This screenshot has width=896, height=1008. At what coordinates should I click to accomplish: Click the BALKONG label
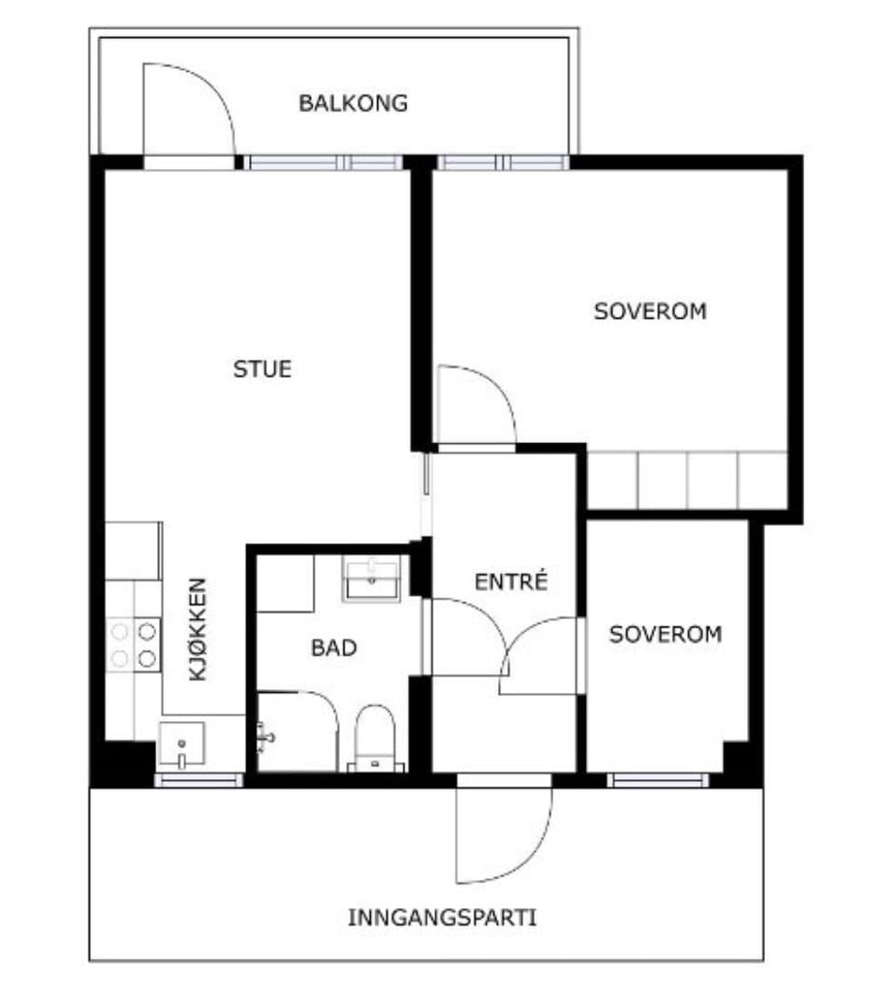[353, 103]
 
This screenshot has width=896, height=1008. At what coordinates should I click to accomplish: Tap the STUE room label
[263, 369]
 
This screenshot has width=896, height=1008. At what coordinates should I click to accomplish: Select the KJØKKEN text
[197, 629]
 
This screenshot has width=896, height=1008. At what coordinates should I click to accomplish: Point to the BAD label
[334, 647]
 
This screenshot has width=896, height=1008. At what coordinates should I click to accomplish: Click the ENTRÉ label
[512, 581]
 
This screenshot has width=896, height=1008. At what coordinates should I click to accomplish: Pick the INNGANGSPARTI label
[442, 917]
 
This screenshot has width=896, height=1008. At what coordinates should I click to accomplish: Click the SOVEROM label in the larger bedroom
[651, 311]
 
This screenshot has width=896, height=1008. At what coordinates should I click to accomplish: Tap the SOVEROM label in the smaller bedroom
[666, 635]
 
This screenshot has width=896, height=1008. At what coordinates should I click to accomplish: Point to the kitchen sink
[182, 745]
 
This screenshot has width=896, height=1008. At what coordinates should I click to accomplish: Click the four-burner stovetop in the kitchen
[134, 645]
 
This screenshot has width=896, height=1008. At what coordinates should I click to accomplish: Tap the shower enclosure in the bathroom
[298, 732]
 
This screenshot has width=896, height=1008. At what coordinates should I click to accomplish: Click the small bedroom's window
[658, 780]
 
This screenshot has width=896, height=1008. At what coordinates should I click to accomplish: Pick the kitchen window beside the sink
[199, 780]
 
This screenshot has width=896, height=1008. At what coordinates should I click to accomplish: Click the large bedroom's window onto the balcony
[503, 162]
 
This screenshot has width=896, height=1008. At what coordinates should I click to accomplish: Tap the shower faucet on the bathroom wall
[265, 737]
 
